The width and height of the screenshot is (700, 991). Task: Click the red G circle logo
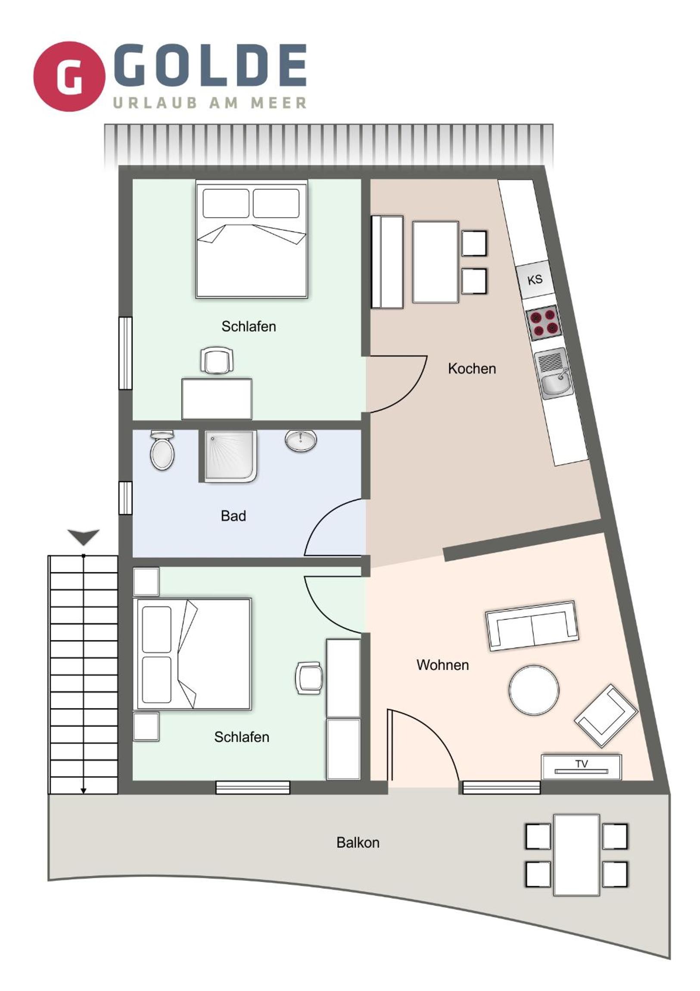69,76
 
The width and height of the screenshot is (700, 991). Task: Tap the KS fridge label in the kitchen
535,280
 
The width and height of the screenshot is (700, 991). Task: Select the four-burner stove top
544,323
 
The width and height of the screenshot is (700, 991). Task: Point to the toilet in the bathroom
162,450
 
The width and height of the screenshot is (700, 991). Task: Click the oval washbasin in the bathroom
301,441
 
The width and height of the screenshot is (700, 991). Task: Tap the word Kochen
472,368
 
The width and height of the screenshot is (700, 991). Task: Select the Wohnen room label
442,665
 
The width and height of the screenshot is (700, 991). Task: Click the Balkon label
358,842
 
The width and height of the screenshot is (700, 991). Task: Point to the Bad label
233,516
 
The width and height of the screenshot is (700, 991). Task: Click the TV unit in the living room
582,767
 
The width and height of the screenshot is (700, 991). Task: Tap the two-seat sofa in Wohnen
532,626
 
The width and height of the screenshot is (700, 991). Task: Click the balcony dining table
576,854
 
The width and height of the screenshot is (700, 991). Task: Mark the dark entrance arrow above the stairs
83,537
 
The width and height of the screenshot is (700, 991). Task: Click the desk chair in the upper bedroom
217,360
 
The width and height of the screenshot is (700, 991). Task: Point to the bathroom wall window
125,498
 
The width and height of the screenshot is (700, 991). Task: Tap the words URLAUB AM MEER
210,103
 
